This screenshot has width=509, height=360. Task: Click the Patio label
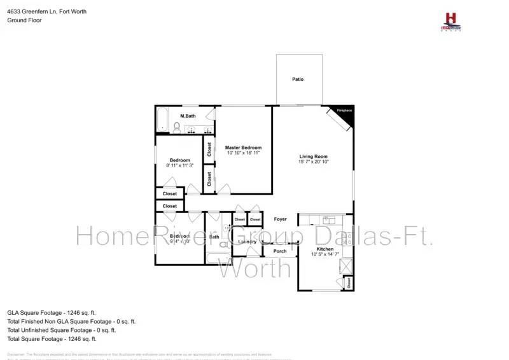point(298,80)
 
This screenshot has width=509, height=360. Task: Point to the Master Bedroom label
point(243,148)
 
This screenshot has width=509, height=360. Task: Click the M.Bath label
point(187,116)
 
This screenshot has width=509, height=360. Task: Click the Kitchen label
point(325,249)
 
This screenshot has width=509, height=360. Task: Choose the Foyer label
point(280,219)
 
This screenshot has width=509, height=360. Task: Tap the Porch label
point(279,251)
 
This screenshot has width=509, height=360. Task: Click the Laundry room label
point(247,242)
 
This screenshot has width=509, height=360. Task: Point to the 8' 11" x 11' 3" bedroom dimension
point(179,165)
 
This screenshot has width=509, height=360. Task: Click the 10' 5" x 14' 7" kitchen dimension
point(325,254)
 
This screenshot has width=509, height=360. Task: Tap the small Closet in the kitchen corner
point(349,282)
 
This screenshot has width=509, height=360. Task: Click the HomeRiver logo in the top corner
point(451,21)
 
